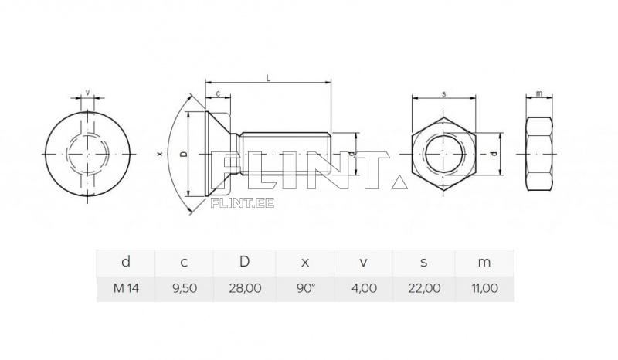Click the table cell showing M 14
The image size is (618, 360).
tap(126, 288)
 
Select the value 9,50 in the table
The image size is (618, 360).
tap(184, 288)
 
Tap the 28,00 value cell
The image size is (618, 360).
tap(244, 288)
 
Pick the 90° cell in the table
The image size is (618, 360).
tap(305, 288)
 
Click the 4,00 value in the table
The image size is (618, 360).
tap(364, 288)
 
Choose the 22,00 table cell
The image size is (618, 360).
tap(424, 288)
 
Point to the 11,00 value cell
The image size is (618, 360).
tap(484, 288)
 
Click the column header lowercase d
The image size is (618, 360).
tap(126, 262)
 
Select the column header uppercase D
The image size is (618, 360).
tap(244, 262)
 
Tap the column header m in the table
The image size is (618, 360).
tap(484, 262)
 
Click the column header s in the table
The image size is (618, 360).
tap(424, 262)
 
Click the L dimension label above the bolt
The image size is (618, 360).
tap(267, 77)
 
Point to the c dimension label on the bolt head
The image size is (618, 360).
tap(218, 93)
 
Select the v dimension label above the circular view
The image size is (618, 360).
tap(87, 93)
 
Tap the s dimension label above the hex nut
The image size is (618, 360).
tap(443, 93)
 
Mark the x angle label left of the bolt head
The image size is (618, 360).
tap(160, 154)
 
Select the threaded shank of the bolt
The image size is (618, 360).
tap(286, 154)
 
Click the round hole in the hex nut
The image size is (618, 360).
tap(444, 154)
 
